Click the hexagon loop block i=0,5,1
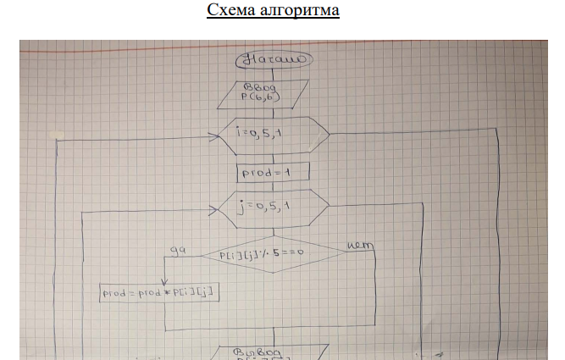(x=273, y=133)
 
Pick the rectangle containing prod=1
(x=273, y=172)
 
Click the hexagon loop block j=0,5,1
(x=273, y=208)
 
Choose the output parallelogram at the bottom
(x=273, y=352)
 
